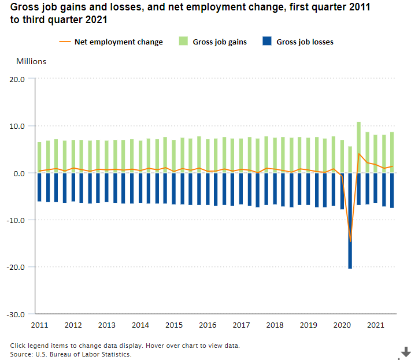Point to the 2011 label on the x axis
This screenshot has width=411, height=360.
39,325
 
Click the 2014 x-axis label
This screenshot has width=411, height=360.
140,325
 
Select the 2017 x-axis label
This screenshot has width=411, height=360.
241,325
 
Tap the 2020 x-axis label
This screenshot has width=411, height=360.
342,325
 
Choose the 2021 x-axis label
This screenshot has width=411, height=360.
375,325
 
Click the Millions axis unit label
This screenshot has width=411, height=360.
31,61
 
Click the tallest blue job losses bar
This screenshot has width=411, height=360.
350,231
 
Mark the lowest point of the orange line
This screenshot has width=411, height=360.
350,242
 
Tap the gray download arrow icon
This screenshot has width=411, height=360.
406,351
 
